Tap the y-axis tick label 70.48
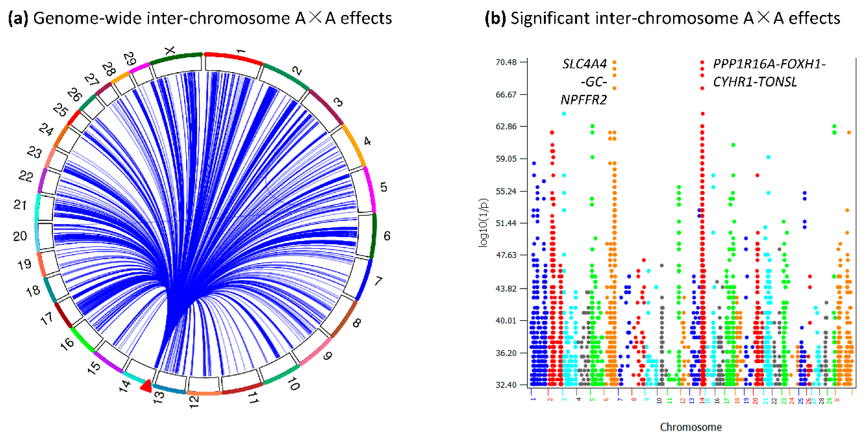pyautogui.click(x=506, y=62)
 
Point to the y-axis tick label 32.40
pyautogui.click(x=506, y=385)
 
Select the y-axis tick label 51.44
pyautogui.click(x=506, y=223)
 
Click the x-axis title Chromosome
pyautogui.click(x=691, y=427)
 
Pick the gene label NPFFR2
pyautogui.click(x=584, y=100)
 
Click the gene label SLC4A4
pyautogui.click(x=585, y=64)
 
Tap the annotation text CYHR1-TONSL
pyautogui.click(x=755, y=82)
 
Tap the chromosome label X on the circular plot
pyautogui.click(x=170, y=51)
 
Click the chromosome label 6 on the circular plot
pyautogui.click(x=387, y=236)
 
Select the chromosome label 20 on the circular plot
pyautogui.click(x=20, y=236)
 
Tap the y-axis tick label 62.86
pyautogui.click(x=506, y=126)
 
